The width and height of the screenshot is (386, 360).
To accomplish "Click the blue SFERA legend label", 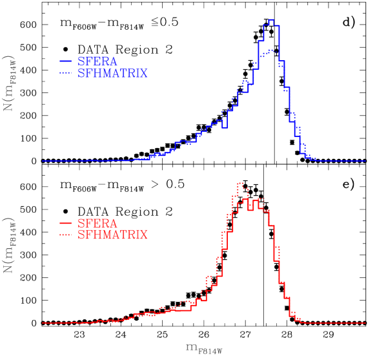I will (x=97, y=61).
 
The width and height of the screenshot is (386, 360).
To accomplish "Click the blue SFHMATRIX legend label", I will (x=112, y=74).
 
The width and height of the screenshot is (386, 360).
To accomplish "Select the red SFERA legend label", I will (x=97, y=223).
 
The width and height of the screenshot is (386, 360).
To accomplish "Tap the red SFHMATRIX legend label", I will (x=112, y=235).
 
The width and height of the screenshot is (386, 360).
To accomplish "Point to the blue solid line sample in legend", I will (x=65, y=61).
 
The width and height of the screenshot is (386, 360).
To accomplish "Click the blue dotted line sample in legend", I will (x=65, y=74).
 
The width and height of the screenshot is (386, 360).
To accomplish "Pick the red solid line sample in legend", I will (x=65, y=223).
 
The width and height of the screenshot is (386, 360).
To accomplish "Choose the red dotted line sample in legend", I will (x=65, y=235).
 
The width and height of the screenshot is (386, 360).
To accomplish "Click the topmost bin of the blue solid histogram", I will (x=271, y=20).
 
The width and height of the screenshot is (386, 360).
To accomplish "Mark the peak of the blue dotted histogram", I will (x=271, y=49).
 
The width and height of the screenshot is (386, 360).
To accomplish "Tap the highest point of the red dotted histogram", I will (x=240, y=183).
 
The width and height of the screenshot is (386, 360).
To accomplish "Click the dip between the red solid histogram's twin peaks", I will (x=250, y=210).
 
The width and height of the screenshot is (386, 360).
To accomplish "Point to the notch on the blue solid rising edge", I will (x=225, y=127).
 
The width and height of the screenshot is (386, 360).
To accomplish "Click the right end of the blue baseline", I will (x=365, y=161).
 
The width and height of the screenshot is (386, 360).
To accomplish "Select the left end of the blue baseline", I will (x=43, y=161).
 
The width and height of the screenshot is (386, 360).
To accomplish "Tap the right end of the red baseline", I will (x=365, y=323).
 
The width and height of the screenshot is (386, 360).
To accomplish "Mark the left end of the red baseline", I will (x=43, y=323).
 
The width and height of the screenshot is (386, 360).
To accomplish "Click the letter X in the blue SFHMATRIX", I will (x=144, y=74).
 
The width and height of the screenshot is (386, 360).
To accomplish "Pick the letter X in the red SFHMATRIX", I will (x=144, y=235).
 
